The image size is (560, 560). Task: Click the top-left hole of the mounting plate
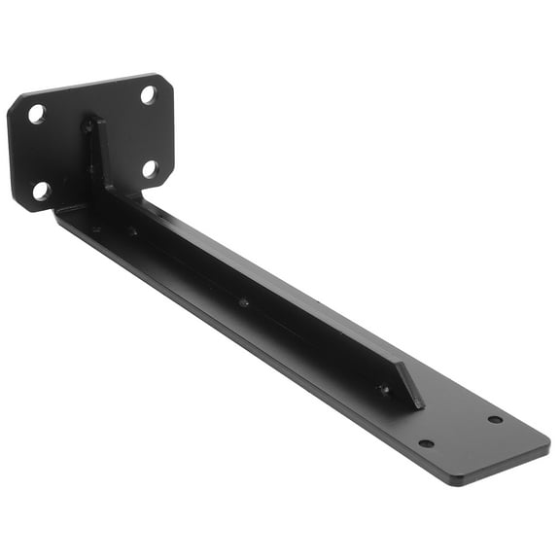37,114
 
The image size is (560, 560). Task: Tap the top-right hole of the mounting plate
149,94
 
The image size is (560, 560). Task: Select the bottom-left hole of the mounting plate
42,191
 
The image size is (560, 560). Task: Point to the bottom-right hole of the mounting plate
150,168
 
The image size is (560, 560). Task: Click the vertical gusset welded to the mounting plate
97,156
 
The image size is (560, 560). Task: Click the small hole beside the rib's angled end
385,389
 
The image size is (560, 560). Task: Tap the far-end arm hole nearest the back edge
495,419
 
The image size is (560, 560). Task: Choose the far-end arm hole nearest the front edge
426,443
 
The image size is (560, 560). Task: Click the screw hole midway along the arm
243,302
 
